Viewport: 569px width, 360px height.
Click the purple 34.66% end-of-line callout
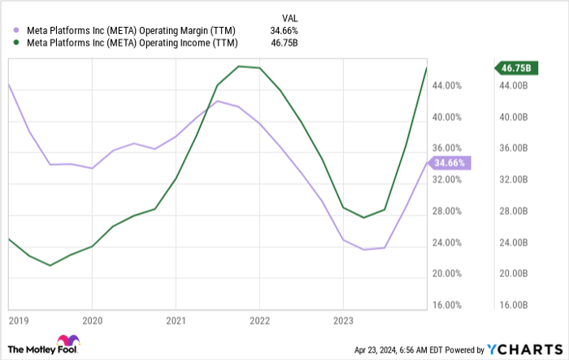click(x=450, y=163)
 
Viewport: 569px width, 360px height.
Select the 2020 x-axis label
click(x=92, y=320)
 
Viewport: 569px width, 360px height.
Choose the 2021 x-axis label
click(x=176, y=320)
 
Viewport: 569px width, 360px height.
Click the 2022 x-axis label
click(x=259, y=320)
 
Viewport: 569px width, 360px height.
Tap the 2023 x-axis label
click(x=342, y=320)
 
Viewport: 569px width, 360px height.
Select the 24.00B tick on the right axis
click(x=514, y=243)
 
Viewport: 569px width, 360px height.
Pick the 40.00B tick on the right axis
click(x=514, y=117)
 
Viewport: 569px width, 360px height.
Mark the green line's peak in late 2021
click(x=239, y=67)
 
